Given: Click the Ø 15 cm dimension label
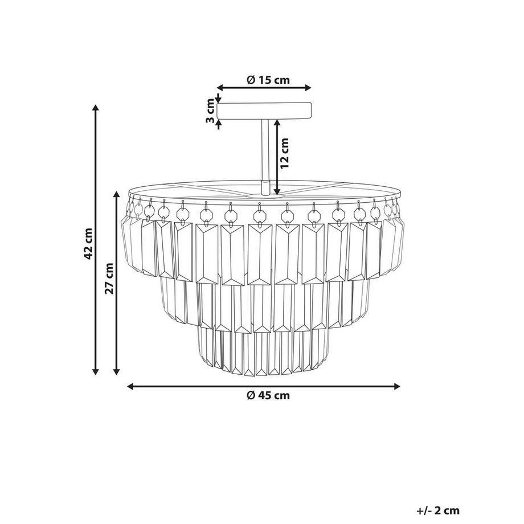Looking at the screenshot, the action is [x=268, y=80].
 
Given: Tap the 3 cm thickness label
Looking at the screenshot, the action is [x=210, y=110].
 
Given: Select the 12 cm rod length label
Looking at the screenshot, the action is [x=284, y=153].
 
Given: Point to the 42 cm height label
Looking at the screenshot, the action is [x=88, y=244].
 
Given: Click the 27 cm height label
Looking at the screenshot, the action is [x=109, y=279].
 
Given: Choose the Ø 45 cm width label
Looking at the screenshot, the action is [x=268, y=396].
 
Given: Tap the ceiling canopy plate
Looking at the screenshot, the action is [x=264, y=110].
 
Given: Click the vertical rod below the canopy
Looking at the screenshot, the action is [x=265, y=150].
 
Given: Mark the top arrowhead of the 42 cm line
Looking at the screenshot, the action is [x=96, y=108].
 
